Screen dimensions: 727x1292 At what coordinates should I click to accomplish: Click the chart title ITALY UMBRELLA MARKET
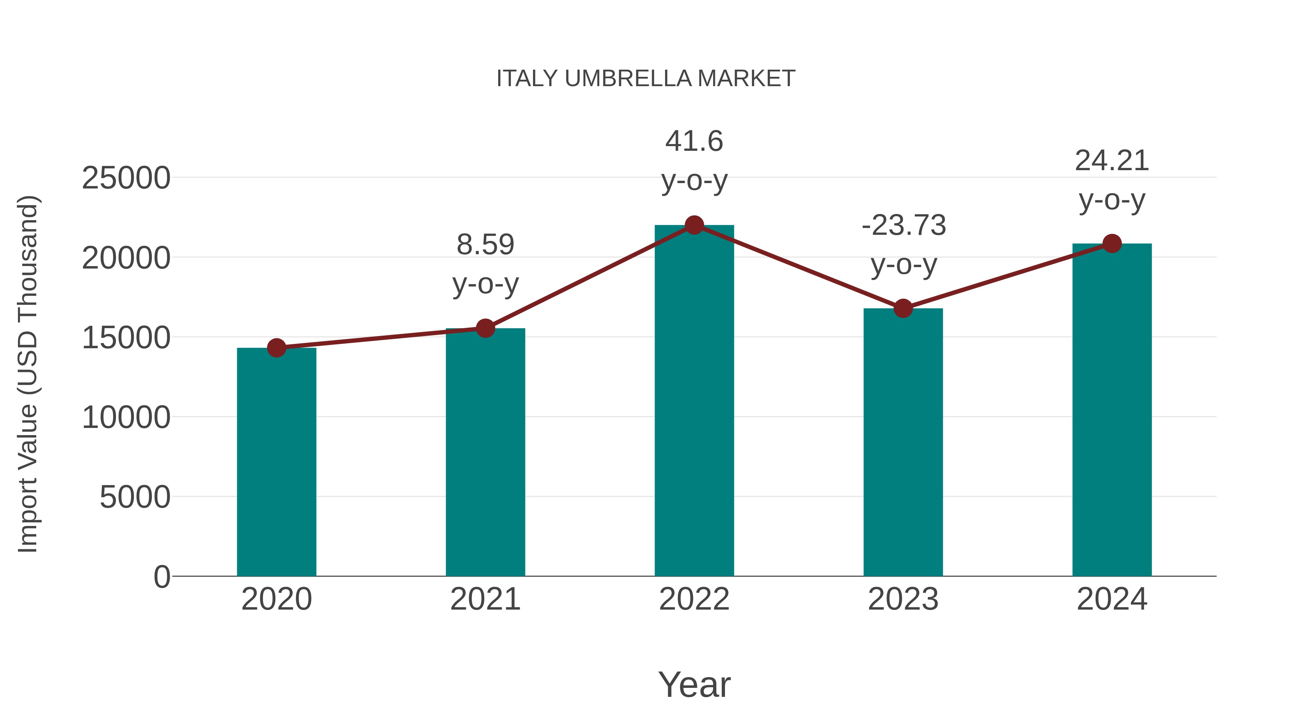click(646, 79)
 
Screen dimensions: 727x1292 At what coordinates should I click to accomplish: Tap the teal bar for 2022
click(694, 401)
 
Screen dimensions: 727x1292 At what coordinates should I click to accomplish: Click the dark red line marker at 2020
click(276, 348)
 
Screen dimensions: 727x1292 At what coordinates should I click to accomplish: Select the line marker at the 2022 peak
click(694, 225)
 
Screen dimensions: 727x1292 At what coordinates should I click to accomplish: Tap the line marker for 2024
click(1112, 243)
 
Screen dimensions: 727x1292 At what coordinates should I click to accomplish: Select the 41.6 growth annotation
click(694, 141)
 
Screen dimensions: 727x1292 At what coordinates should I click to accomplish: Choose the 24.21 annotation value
click(1112, 161)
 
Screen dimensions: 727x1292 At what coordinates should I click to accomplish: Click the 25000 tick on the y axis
click(126, 178)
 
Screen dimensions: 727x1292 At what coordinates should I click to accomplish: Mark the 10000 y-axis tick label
click(126, 418)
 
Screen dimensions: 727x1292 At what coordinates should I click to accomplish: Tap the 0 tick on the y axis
click(161, 577)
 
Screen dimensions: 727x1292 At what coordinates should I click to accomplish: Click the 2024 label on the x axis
click(1112, 599)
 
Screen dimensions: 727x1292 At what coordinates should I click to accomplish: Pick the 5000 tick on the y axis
click(135, 497)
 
